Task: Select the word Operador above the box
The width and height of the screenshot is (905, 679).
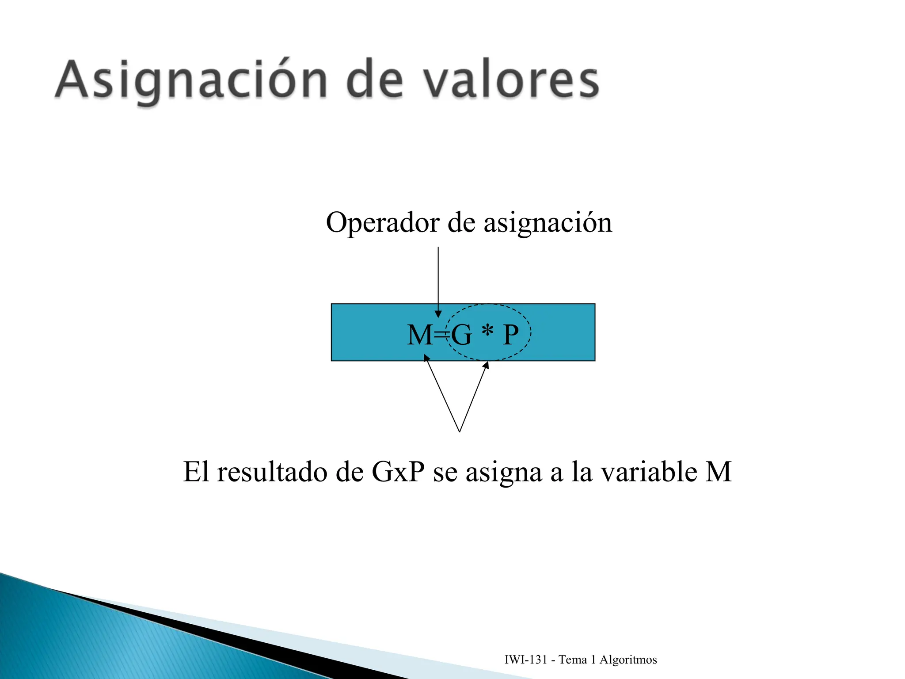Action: point(383,222)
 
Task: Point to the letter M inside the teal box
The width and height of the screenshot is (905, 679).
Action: point(419,335)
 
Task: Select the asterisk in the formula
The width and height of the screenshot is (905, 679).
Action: point(487,331)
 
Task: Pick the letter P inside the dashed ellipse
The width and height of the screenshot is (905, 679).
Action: point(510,335)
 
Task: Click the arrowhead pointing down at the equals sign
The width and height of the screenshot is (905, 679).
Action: point(438,314)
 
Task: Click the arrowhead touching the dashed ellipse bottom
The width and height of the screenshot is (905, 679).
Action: point(486,365)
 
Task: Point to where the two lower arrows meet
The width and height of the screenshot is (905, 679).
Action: point(460,431)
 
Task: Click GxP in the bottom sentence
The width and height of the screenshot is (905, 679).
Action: point(398,472)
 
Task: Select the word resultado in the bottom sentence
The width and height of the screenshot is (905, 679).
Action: point(272,472)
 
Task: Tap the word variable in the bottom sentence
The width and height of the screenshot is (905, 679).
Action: point(650,472)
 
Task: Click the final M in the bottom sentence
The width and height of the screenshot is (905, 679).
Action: point(719,472)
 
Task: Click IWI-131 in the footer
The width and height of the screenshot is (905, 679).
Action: point(526,660)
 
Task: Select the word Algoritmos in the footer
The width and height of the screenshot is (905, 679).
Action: point(628,660)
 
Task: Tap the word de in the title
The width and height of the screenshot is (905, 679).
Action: point(375,81)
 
